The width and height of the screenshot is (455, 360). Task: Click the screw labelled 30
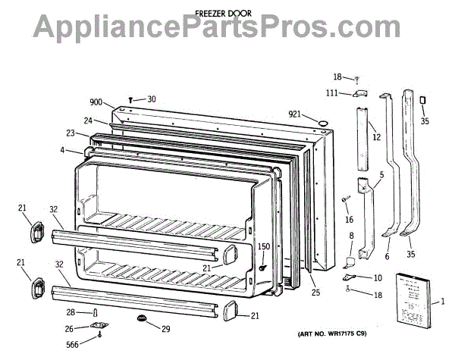coord(132,99)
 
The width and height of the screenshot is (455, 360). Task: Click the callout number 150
coord(263,246)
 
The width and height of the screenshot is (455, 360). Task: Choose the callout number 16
coord(350,220)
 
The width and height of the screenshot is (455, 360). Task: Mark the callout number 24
coord(89,121)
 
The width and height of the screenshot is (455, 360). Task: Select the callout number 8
coord(351,236)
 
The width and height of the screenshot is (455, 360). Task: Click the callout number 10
coord(378,278)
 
